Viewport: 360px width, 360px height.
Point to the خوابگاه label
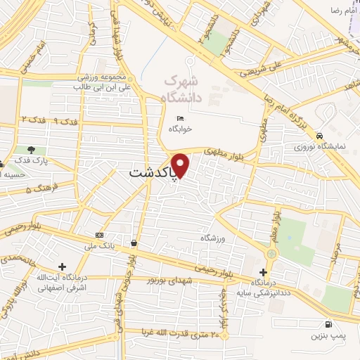[x=180, y=129]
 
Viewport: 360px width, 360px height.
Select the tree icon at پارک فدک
[x=30, y=150]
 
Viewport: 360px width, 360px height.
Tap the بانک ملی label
[x=98, y=246]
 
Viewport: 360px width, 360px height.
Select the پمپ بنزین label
[x=328, y=337]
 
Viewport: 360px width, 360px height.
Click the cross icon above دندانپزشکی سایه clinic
[x=263, y=272]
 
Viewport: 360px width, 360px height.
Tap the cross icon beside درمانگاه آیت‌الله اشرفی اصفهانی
[x=63, y=267]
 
